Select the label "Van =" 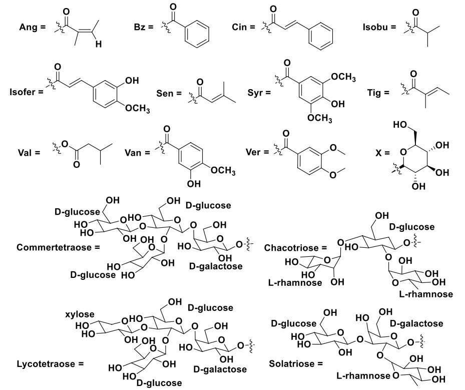[x=137, y=151]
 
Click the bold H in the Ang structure [x=99, y=45]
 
